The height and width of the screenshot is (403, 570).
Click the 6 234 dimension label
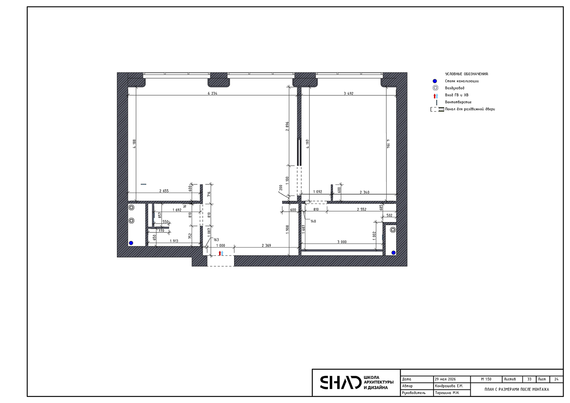coord(213,93)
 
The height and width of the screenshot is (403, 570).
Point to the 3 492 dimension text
coord(349,93)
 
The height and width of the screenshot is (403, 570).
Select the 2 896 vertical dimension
coord(287,126)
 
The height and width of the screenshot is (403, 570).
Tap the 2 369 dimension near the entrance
coord(266,245)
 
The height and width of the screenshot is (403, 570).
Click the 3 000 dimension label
coord(342,242)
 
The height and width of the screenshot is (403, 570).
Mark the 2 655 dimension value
coord(164,191)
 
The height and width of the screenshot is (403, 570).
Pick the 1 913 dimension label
coord(174,241)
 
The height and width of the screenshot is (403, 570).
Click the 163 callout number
coord(216,240)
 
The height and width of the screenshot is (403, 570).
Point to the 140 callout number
coord(313,221)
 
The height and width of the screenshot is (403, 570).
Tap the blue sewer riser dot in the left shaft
coord(131,243)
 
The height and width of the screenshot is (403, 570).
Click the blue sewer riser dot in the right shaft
coord(393,253)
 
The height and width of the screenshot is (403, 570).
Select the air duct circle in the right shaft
coord(393,230)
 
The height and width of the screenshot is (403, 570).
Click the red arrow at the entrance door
coord(220,253)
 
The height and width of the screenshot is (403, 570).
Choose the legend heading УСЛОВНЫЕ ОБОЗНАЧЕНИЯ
coord(467,74)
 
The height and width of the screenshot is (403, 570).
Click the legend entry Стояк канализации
coord(462,81)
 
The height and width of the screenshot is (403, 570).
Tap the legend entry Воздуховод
coord(455,88)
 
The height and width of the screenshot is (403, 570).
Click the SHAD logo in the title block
coord(340,382)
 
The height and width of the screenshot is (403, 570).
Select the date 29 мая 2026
coord(445,379)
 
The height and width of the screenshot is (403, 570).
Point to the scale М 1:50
coord(486,379)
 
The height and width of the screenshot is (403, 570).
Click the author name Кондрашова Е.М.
coord(449,386)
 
